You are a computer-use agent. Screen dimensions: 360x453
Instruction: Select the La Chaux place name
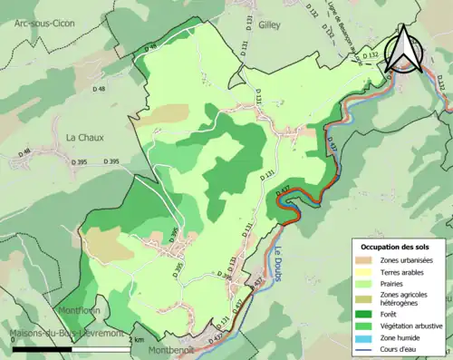click(84, 137)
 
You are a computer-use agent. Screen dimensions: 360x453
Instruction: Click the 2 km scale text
click(136, 339)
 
